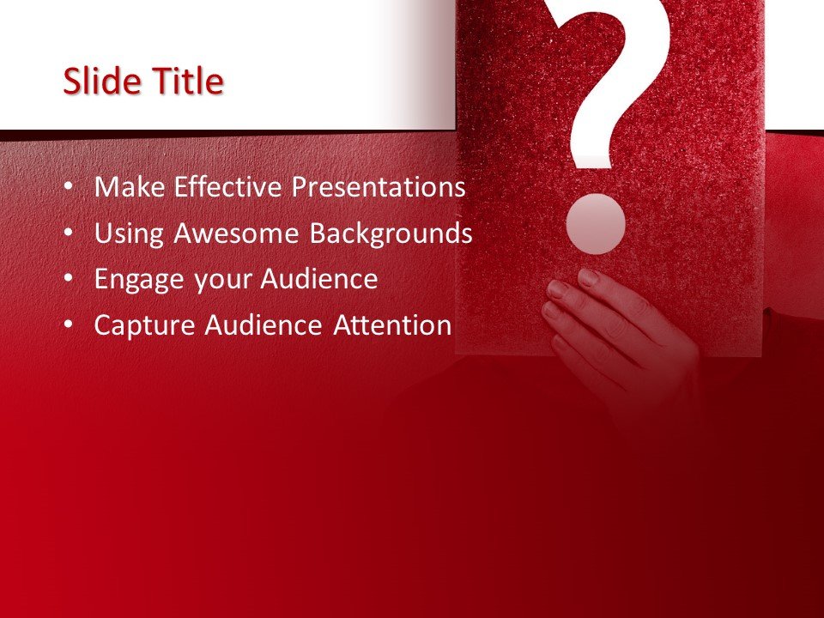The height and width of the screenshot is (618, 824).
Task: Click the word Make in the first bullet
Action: [130, 187]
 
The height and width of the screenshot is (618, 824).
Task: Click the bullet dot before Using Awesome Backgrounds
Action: [69, 233]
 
